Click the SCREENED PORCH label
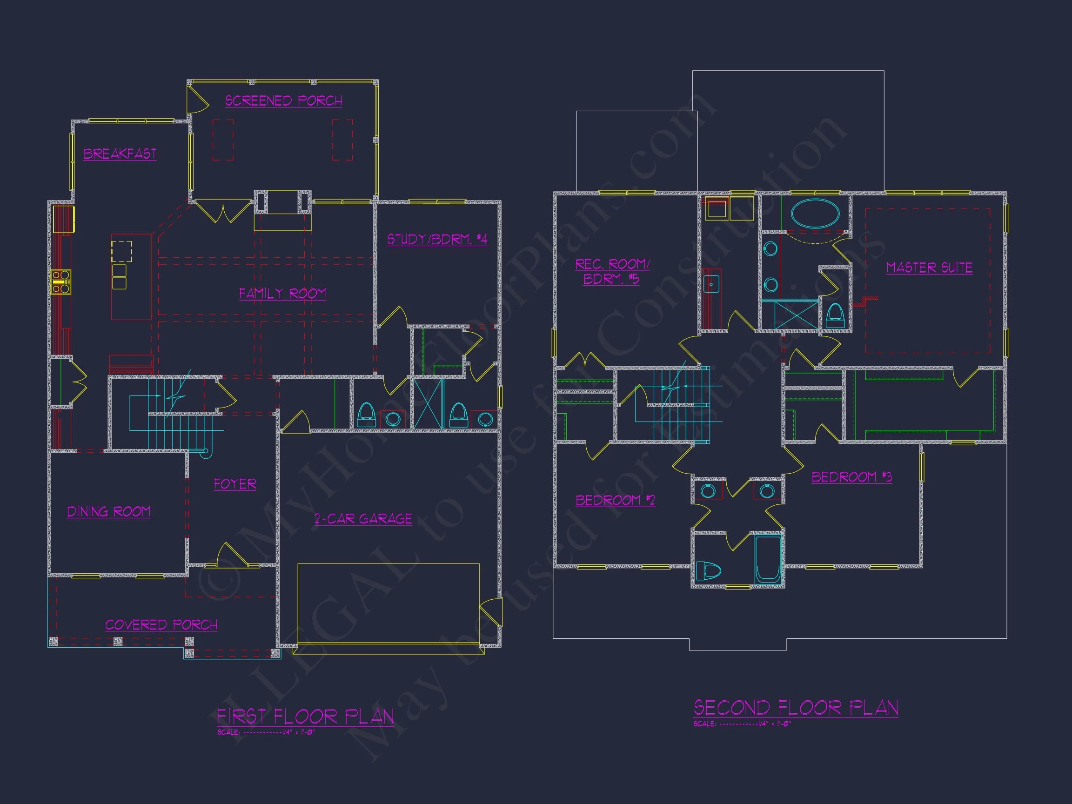(x=283, y=101)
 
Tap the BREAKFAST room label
(x=120, y=154)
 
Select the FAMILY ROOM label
(x=282, y=294)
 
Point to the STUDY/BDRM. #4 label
(x=436, y=240)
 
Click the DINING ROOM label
(x=108, y=512)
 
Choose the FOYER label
(x=235, y=484)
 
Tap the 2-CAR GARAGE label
(x=363, y=519)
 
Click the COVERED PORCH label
(x=161, y=625)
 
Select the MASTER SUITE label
(x=929, y=268)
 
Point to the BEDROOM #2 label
(x=615, y=500)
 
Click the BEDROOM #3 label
(x=851, y=477)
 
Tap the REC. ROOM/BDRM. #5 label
(x=612, y=272)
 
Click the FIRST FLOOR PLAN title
(x=305, y=716)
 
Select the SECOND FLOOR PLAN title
(x=796, y=708)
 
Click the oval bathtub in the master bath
(x=815, y=213)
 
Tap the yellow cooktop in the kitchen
(x=61, y=281)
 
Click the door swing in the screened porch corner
(x=198, y=101)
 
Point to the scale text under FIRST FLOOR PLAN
(x=266, y=732)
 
